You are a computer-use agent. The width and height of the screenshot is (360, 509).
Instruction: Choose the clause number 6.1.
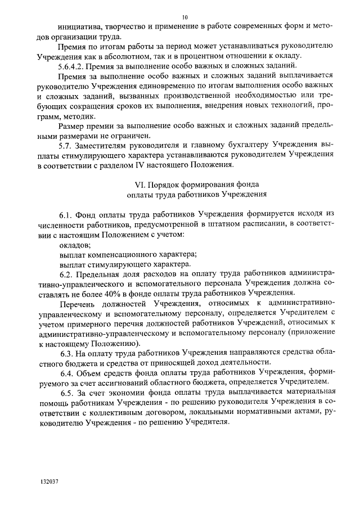pyautogui.click(x=66, y=215)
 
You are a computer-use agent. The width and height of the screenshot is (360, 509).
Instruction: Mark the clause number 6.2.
pyautogui.click(x=66, y=274)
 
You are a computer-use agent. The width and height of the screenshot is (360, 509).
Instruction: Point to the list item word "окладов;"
pyautogui.click(x=75, y=245)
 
